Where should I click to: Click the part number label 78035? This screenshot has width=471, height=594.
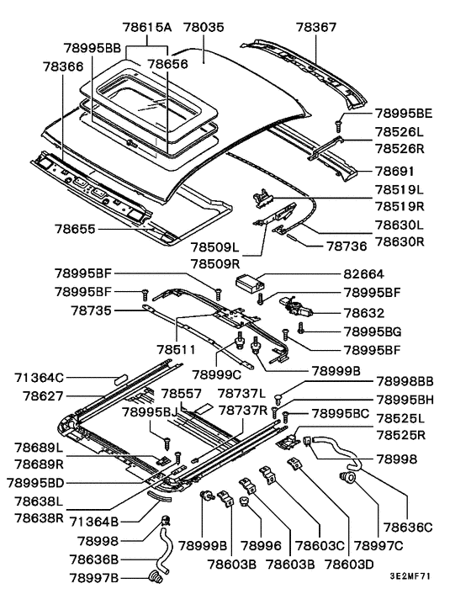(204, 27)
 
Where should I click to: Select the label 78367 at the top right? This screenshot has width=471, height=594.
(316, 27)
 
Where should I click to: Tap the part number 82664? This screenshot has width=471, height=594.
(364, 274)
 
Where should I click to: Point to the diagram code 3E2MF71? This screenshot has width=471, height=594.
(410, 576)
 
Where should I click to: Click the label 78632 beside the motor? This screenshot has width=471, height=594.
(364, 313)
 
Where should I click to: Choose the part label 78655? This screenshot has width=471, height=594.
(75, 229)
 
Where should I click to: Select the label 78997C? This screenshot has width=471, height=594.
(378, 546)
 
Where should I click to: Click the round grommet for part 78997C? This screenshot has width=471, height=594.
(348, 477)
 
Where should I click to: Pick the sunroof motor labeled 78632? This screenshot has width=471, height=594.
(296, 306)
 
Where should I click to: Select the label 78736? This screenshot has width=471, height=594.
(347, 247)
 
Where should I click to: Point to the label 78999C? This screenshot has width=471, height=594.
(216, 374)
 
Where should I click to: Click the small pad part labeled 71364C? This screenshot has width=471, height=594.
(122, 379)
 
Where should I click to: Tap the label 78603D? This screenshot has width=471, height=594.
(349, 565)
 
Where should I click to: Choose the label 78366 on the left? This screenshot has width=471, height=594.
(63, 66)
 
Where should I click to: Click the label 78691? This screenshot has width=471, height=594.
(395, 172)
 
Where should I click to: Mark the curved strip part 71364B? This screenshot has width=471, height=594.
(160, 495)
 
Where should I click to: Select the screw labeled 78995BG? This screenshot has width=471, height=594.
(301, 328)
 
